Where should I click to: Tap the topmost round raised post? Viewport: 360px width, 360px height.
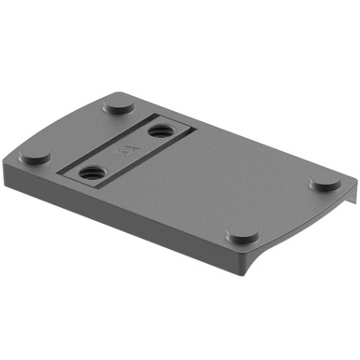click(x=118, y=104)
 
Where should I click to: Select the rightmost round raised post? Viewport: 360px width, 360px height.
click(x=325, y=183)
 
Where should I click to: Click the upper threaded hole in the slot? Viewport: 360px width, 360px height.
click(x=161, y=133)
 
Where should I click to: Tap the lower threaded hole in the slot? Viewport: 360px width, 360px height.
click(x=91, y=171)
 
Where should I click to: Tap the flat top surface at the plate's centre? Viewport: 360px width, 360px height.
click(x=187, y=187)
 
